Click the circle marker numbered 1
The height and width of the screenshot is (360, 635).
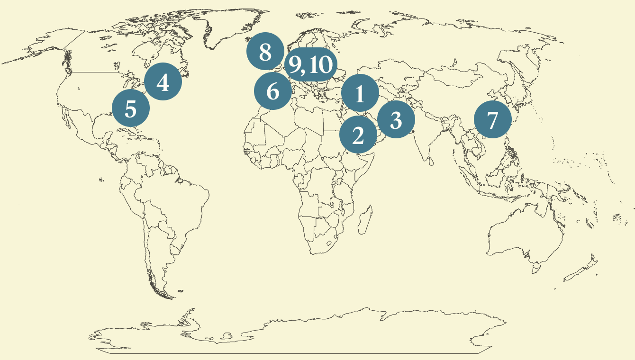point(360,93)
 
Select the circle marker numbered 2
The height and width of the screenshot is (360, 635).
point(358,135)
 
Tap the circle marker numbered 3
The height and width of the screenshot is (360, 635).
point(396,119)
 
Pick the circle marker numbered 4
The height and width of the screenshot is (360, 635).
point(163,81)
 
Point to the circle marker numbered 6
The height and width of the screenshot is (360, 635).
point(273,91)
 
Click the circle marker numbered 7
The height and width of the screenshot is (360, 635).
point(493,119)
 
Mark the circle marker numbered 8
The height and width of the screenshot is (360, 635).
point(265,51)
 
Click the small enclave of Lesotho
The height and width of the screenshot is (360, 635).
point(328,243)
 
